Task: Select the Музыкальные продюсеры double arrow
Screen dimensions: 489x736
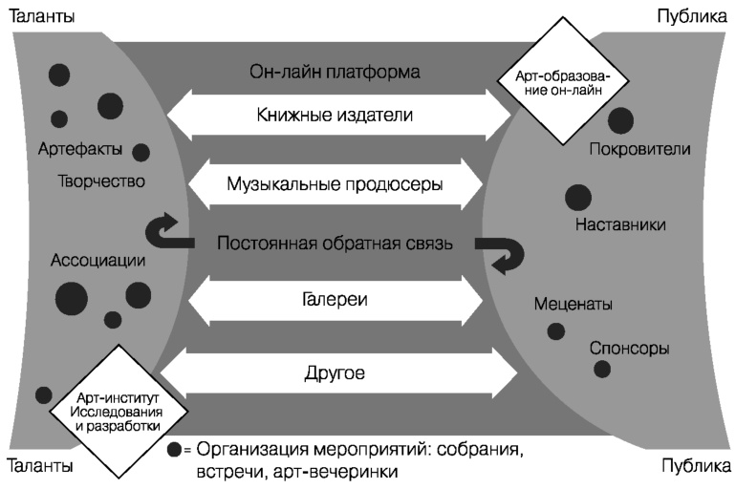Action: click(335, 182)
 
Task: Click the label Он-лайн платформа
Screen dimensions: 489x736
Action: click(335, 72)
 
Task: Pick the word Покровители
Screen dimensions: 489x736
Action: click(640, 150)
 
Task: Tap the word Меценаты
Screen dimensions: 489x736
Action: click(574, 304)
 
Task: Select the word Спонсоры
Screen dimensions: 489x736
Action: click(630, 348)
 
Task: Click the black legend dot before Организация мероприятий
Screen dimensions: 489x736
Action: click(173, 449)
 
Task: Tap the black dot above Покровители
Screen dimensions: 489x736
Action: click(620, 120)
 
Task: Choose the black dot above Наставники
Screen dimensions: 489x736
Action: click(578, 198)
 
